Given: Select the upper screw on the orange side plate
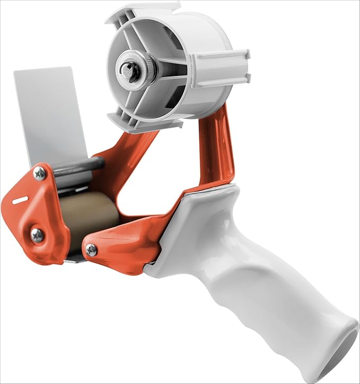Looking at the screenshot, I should (39, 173).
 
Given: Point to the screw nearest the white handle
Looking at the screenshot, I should (92, 250).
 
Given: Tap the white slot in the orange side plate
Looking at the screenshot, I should (20, 200).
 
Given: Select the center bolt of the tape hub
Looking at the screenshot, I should (128, 68).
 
